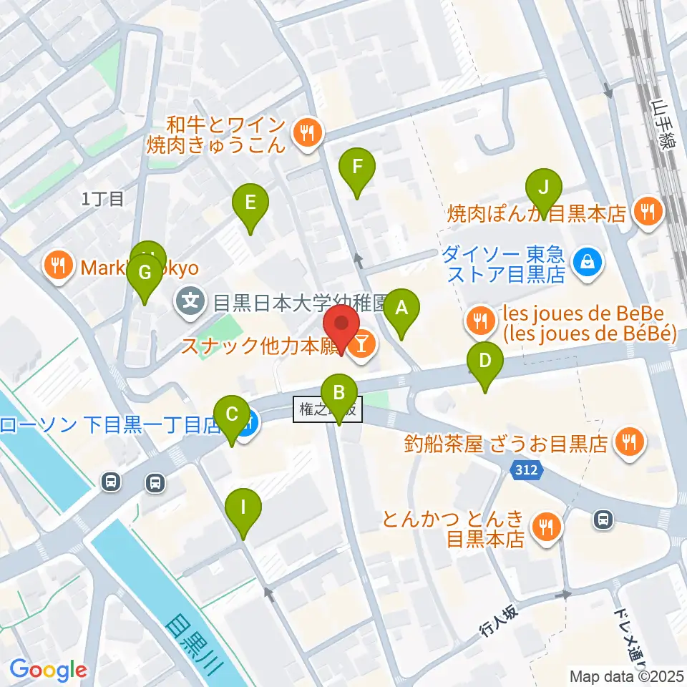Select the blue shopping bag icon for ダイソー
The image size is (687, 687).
coord(587,263)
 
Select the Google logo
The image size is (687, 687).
coord(48,670)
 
